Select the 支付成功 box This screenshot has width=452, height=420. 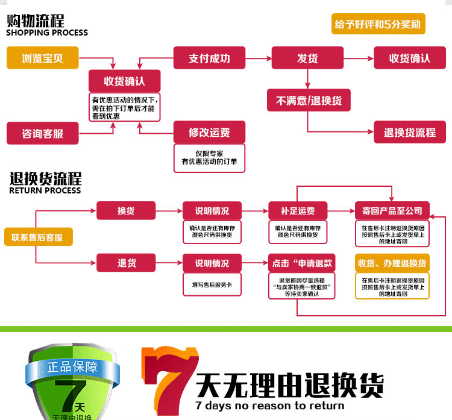[209, 58]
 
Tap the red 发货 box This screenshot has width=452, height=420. [307, 58]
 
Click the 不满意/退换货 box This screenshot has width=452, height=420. [309, 101]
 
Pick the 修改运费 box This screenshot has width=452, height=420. [209, 132]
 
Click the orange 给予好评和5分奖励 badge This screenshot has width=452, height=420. [378, 25]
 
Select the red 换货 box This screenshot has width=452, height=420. [126, 211]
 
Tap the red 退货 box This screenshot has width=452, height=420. [126, 263]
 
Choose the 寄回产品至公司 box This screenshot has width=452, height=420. [392, 211]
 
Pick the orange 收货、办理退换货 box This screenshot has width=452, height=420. [392, 263]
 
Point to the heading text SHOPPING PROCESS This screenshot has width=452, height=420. [47, 33]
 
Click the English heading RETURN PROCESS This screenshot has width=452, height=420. [45, 190]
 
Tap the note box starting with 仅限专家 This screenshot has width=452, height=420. [209, 158]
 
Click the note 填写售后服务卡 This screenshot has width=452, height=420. [212, 284]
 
